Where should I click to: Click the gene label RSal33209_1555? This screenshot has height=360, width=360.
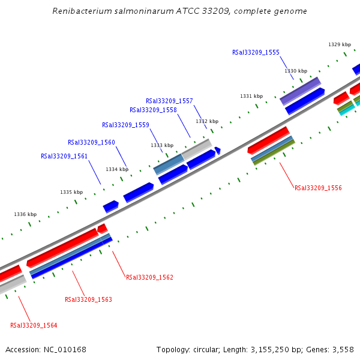click(x=256, y=52)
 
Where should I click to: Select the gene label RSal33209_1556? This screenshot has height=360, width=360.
click(x=318, y=188)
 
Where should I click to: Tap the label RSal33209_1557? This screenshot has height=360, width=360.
click(x=169, y=101)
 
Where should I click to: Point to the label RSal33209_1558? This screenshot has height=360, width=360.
click(x=153, y=110)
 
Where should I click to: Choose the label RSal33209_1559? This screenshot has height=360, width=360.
click(x=125, y=125)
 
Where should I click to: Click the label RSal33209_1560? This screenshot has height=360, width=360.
click(x=91, y=142)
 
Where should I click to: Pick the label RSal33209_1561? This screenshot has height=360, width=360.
click(x=64, y=156)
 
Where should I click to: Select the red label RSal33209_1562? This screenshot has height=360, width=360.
click(x=149, y=277)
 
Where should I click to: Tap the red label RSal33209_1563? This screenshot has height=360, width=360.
click(x=88, y=299)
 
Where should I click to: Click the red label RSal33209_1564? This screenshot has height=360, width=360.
click(x=34, y=325)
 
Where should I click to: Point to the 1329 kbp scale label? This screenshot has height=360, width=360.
click(x=340, y=44)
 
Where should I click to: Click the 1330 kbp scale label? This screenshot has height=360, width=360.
click(x=296, y=71)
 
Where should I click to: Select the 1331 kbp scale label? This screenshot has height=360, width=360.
click(x=251, y=96)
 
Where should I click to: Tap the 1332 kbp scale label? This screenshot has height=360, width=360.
click(x=207, y=121)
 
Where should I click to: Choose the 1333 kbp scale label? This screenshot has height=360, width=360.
click(x=162, y=145)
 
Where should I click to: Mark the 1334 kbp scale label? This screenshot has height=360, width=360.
click(x=117, y=169)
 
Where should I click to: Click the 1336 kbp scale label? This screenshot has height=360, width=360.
click(x=25, y=214)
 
